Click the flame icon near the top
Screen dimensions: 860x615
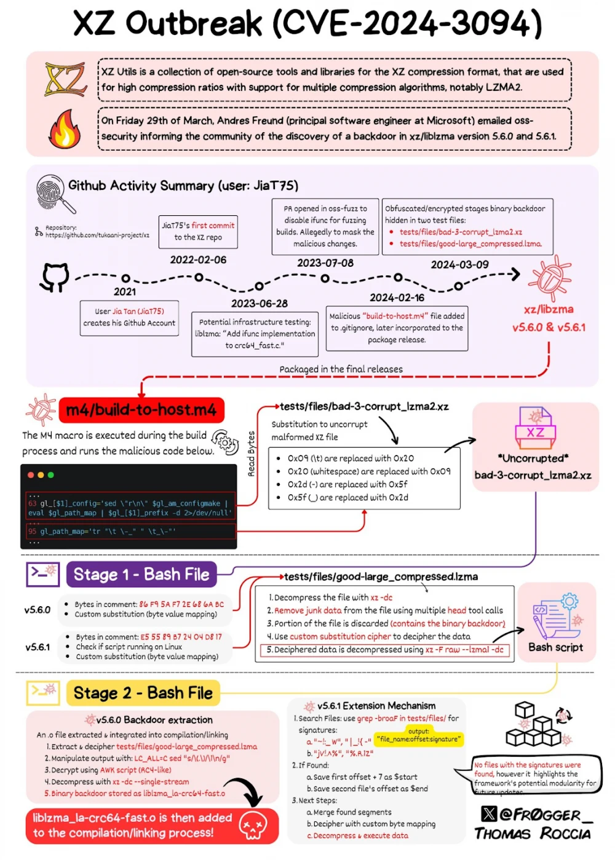click(x=65, y=128)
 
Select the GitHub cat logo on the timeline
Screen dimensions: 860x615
click(x=54, y=277)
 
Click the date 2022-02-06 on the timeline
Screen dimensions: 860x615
click(x=198, y=260)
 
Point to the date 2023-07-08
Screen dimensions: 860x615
click(x=325, y=263)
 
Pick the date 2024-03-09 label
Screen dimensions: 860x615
click(x=459, y=264)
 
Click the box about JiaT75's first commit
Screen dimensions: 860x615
click(x=198, y=232)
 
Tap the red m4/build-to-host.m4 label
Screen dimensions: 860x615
click(x=141, y=410)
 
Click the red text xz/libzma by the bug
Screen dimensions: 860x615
click(x=549, y=309)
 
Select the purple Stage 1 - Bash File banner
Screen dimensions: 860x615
click(x=141, y=575)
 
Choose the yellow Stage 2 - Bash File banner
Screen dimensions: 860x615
click(x=143, y=693)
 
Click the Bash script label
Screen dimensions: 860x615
click(x=555, y=647)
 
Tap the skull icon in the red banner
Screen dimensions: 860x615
click(x=253, y=825)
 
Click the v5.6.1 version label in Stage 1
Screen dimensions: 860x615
click(x=38, y=647)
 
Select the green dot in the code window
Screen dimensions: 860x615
click(x=51, y=475)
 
